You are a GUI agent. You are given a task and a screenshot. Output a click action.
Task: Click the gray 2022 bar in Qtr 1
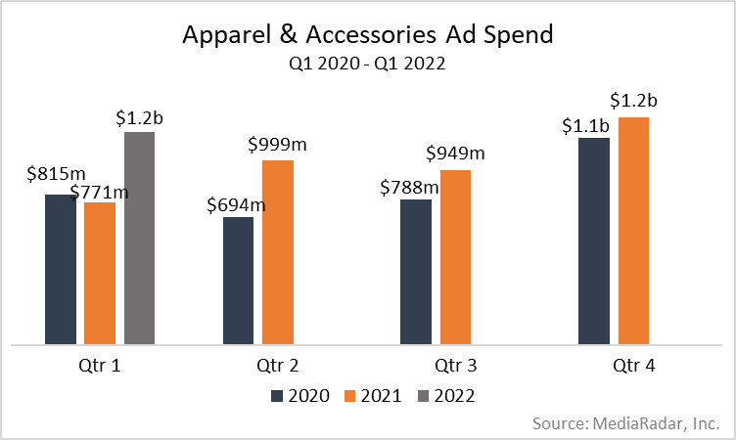point(139,238)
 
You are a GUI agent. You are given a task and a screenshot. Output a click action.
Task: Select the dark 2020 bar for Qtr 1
point(60,269)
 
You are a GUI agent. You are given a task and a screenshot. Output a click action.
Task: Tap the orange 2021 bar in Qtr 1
point(100,273)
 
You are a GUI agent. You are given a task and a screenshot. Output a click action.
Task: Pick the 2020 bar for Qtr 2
point(238,281)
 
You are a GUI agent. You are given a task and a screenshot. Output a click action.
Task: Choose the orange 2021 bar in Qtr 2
point(278,251)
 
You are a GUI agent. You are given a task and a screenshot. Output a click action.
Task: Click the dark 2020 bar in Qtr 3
point(416,272)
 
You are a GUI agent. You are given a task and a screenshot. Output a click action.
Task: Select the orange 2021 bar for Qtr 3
point(455,257)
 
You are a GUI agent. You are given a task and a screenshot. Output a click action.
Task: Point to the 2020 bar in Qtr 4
point(594,241)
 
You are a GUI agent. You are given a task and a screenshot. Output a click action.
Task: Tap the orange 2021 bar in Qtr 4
point(633,231)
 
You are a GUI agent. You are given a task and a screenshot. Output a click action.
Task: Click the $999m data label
point(278,144)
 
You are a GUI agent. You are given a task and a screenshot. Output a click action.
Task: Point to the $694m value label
point(236,204)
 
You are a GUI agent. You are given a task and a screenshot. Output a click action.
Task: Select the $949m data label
point(455,154)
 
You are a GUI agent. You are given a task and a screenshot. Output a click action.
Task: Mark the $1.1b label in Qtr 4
point(584,124)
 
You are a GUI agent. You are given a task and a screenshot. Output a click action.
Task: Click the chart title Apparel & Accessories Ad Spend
point(368,36)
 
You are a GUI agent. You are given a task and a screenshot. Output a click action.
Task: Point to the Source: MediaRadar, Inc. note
point(626,423)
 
